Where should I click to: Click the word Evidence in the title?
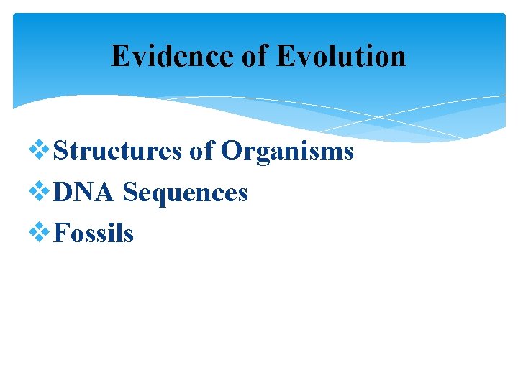click(173, 56)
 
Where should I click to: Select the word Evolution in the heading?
click(342, 56)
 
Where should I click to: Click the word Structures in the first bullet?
click(119, 151)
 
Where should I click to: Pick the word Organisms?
click(287, 152)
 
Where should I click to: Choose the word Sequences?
click(186, 193)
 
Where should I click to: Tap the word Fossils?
click(94, 233)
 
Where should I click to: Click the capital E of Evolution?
click(286, 56)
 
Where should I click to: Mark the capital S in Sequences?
click(131, 192)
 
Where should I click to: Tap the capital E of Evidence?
click(120, 56)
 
